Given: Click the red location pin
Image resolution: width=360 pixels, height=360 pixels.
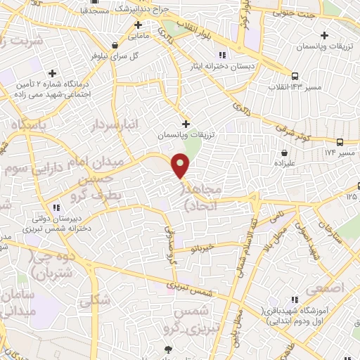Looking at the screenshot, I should tap(181, 166).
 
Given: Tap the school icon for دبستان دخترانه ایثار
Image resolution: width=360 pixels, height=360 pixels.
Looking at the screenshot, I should tap(222, 55).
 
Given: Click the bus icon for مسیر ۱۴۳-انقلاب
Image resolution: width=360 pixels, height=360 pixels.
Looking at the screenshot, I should tap(295, 76).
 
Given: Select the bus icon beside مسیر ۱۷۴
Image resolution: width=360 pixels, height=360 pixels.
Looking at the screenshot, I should tap(340, 141).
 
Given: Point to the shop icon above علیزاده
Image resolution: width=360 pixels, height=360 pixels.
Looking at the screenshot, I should tap(284, 152).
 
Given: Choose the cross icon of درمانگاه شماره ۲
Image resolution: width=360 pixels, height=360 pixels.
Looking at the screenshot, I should tap(52, 73).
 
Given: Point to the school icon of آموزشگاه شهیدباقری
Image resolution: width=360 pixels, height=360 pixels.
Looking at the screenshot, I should tap(296, 300).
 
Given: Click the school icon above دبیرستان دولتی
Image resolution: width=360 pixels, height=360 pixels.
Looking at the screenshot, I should tap(56, 207).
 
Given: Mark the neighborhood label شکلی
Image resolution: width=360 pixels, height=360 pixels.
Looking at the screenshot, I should tap(95, 301).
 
